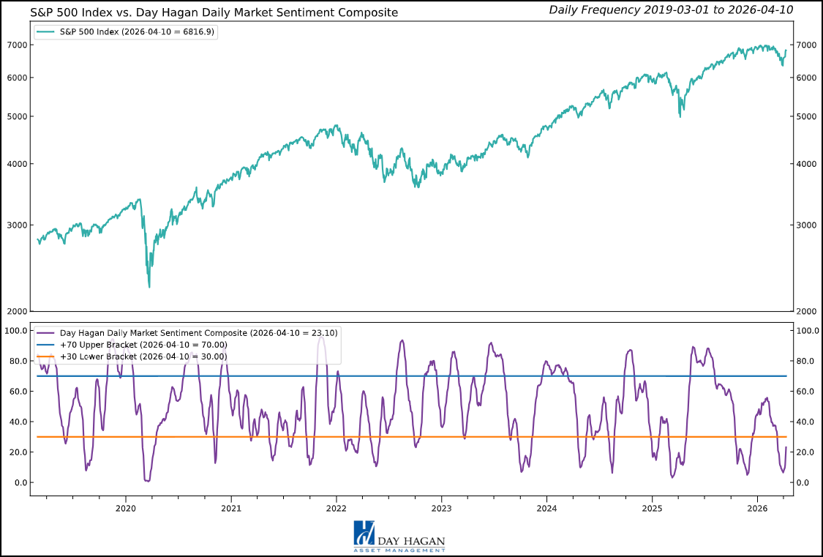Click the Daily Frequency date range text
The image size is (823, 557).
(x=671, y=10)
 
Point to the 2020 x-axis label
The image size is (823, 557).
(x=126, y=508)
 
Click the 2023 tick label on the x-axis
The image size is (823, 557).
(x=441, y=508)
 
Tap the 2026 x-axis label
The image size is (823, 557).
(x=757, y=508)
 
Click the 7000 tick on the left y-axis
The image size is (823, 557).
(x=16, y=45)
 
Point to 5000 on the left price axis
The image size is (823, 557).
(x=16, y=116)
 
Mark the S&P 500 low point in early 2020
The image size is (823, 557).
(x=149, y=286)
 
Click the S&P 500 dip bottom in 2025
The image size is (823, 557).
(x=681, y=116)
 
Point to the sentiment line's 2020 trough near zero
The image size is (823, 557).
(x=147, y=480)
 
